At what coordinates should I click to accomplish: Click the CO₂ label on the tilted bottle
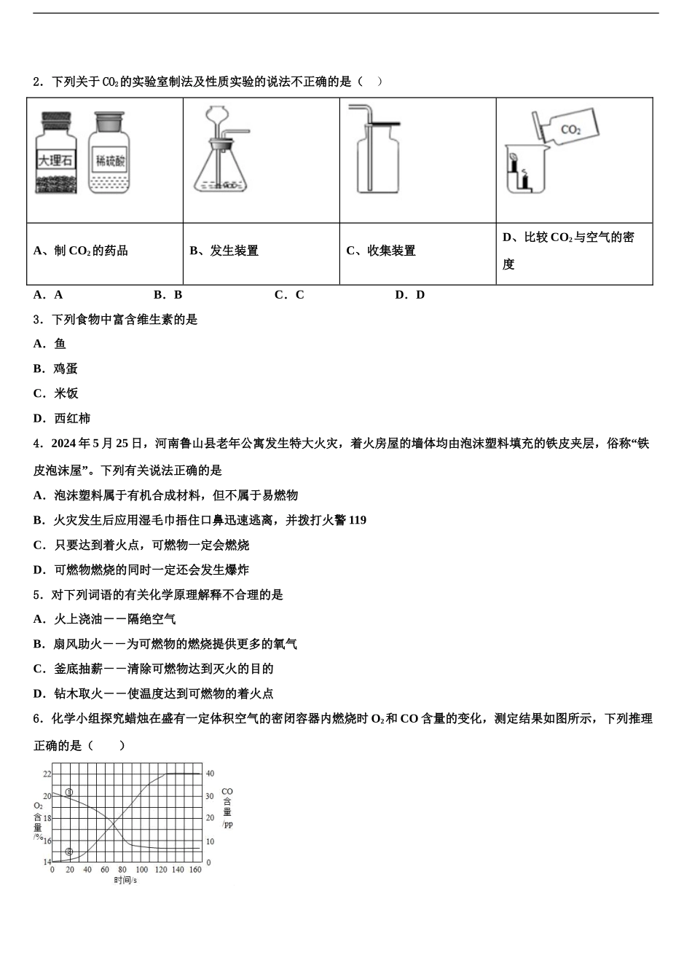(x=570, y=130)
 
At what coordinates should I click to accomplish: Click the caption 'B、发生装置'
(x=224, y=251)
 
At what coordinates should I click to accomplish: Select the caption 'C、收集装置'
(x=381, y=251)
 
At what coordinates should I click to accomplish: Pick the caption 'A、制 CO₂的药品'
(x=81, y=251)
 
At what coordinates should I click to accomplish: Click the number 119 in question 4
(x=358, y=520)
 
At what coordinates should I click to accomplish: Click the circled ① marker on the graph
(x=69, y=793)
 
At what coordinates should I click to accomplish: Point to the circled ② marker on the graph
(x=69, y=852)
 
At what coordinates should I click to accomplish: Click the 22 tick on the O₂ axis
(x=47, y=774)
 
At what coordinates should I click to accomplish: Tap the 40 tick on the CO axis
(x=210, y=774)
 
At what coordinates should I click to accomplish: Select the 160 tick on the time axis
(x=195, y=870)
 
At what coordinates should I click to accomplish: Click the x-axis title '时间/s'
(x=125, y=880)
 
